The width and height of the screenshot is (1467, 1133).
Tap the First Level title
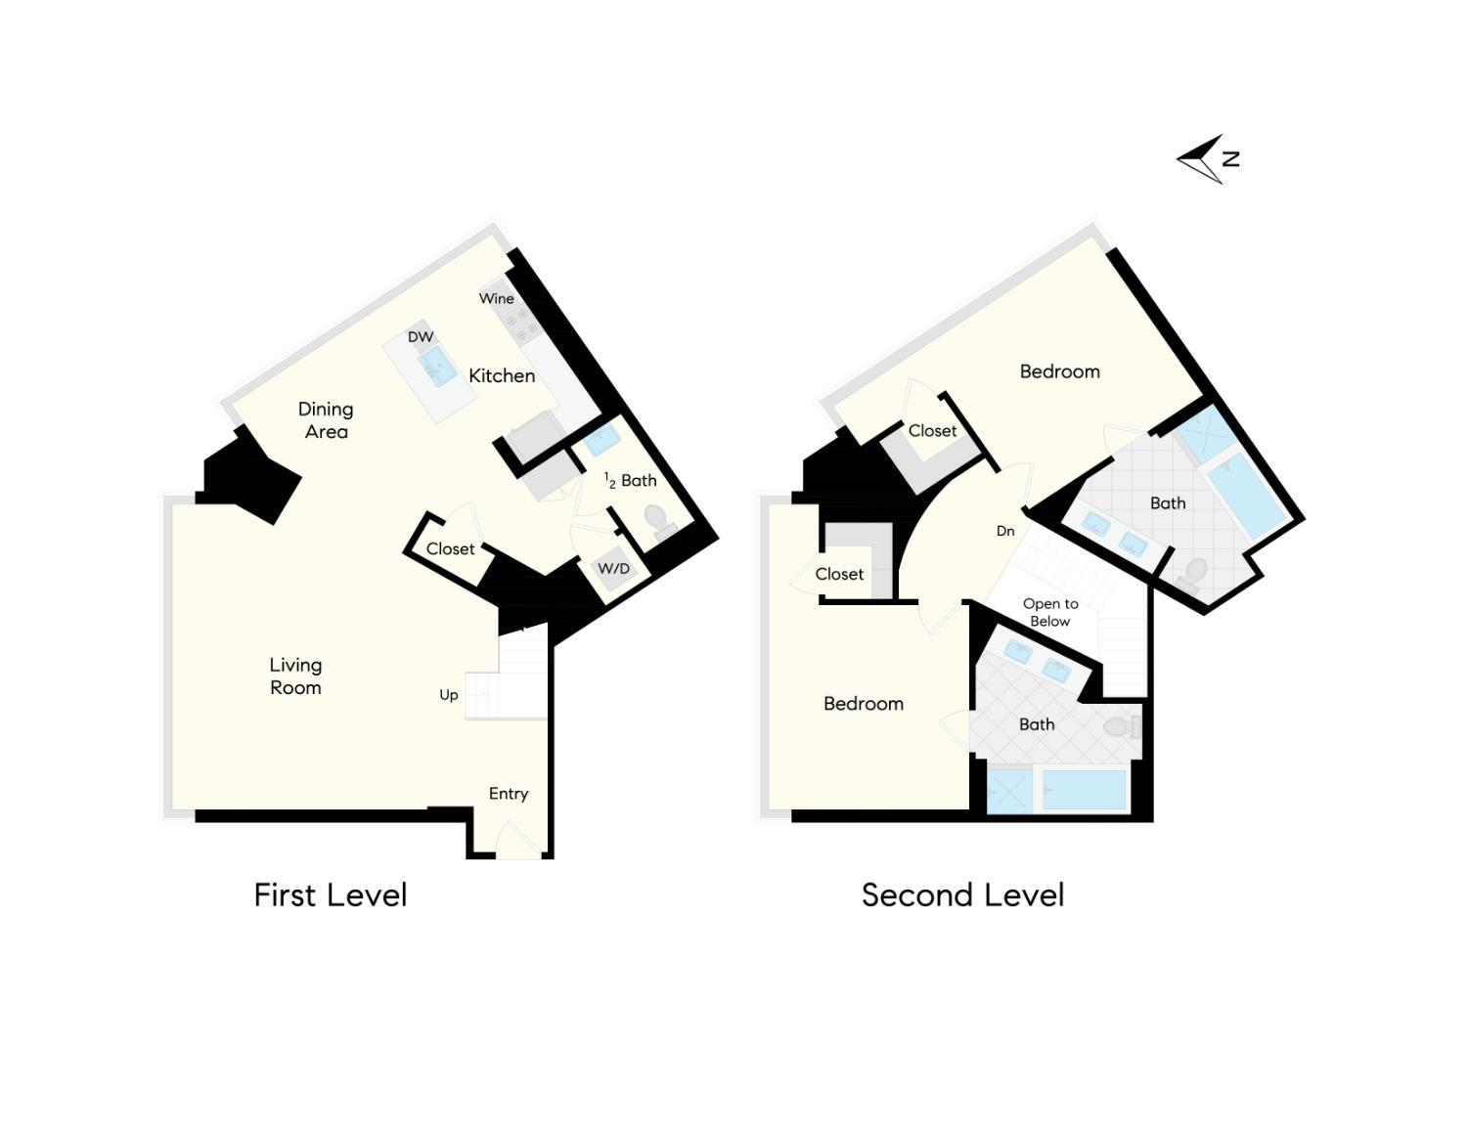(x=331, y=895)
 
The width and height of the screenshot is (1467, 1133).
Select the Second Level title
(x=962, y=895)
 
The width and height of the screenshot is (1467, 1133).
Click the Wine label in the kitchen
(x=496, y=298)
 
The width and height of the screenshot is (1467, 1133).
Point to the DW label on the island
(x=421, y=336)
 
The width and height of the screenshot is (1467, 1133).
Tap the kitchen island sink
(x=437, y=367)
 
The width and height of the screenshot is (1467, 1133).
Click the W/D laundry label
(x=613, y=568)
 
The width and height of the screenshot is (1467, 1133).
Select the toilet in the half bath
(x=657, y=522)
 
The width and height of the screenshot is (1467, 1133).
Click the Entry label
(x=509, y=794)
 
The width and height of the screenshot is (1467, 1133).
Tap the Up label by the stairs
(x=449, y=696)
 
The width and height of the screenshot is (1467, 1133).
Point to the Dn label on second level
(x=1005, y=531)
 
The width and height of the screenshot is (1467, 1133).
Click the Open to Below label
(x=1050, y=612)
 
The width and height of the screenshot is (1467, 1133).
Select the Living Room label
(x=295, y=676)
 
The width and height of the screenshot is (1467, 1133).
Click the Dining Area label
(x=326, y=419)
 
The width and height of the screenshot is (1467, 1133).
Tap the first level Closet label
(x=450, y=548)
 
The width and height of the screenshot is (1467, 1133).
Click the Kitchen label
(x=502, y=375)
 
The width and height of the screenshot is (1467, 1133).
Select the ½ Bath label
(x=631, y=480)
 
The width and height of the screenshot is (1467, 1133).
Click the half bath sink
(x=601, y=440)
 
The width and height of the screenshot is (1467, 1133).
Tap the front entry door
(x=518, y=840)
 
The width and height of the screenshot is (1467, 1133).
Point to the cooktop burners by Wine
(x=522, y=324)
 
